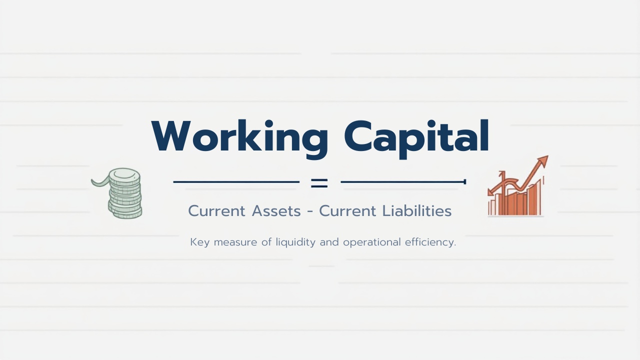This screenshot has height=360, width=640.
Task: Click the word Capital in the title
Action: pyautogui.click(x=416, y=136)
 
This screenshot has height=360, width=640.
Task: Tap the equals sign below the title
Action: pyautogui.click(x=319, y=182)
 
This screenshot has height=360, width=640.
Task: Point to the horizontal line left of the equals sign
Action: pyautogui.click(x=236, y=182)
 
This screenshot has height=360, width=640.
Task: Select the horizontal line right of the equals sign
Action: pyautogui.click(x=402, y=182)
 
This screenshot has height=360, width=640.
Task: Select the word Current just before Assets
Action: pyautogui.click(x=217, y=211)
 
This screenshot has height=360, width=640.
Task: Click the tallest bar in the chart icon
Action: pyautogui.click(x=538, y=200)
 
